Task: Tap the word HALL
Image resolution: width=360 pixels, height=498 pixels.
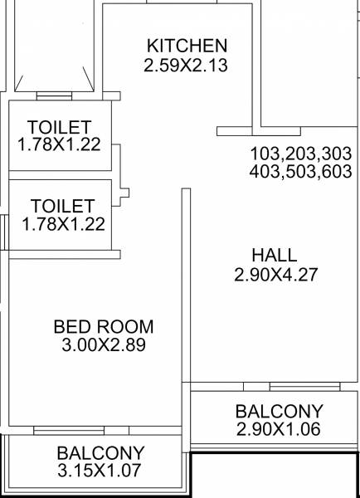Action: coord(275,255)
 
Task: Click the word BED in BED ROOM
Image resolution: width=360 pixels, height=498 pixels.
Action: coord(72,326)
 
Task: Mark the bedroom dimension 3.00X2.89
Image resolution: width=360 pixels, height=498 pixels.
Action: coord(103,344)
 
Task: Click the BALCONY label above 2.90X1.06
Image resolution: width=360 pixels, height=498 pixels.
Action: coord(278,412)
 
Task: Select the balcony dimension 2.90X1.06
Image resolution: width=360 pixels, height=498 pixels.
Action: coord(278,429)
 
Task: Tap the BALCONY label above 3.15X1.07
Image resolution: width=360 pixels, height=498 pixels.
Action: coord(100,453)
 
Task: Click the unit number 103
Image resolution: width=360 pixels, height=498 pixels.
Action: coord(265,154)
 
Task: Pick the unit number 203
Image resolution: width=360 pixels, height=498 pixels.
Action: coord(302,154)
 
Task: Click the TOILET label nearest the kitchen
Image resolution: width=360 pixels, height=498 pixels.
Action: coord(59,128)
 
